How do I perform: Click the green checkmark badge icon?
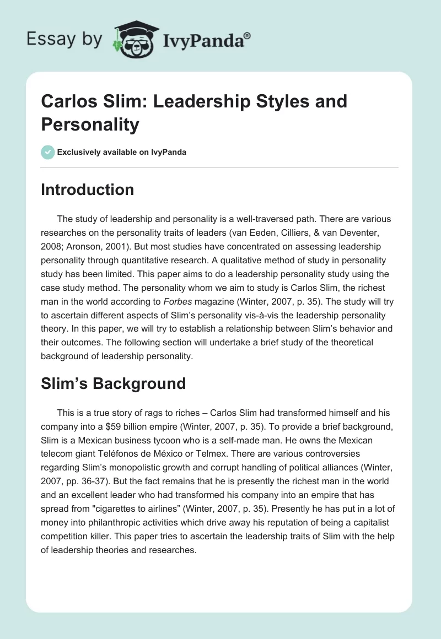click(x=48, y=152)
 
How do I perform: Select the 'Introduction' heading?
click(x=87, y=189)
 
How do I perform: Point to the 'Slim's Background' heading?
click(x=113, y=384)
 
